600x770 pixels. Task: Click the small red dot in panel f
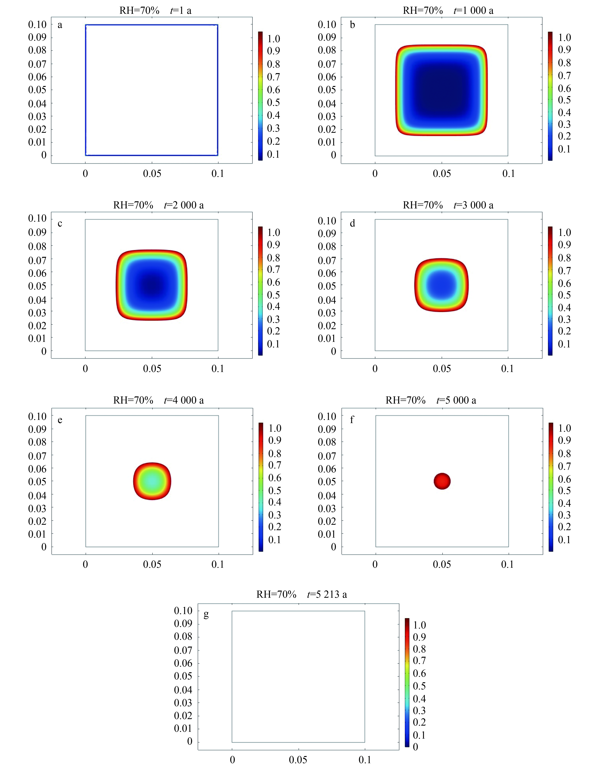tap(442, 481)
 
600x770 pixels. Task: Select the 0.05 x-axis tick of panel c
tap(152, 369)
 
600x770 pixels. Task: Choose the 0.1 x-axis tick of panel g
tap(365, 760)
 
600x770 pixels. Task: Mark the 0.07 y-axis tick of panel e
tap(37, 456)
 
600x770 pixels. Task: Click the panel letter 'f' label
tap(352, 420)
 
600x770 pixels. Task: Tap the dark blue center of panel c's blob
tap(152, 285)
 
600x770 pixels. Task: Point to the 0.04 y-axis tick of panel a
tap(37, 104)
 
